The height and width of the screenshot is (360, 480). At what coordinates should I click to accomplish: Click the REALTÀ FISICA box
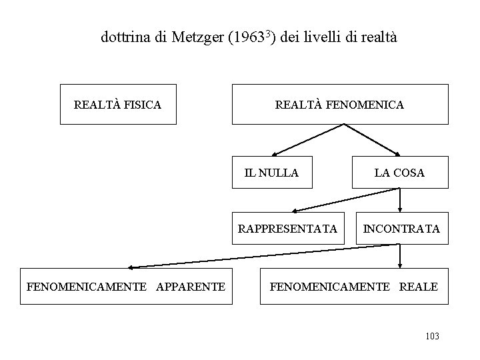(118, 104)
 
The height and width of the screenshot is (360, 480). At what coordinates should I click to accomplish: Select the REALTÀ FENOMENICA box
(340, 104)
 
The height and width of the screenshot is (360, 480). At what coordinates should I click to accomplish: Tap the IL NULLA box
(271, 173)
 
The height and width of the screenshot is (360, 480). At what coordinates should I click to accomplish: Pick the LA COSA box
(399, 173)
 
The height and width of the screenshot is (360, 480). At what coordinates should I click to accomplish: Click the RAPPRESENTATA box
(288, 229)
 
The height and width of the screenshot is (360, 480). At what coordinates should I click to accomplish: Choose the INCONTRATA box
(401, 229)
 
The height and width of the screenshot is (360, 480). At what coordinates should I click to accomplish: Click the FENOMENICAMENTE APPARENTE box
(126, 287)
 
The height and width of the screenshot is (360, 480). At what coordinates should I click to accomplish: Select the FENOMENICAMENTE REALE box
(354, 287)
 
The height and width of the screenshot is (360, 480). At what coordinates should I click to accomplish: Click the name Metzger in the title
(197, 37)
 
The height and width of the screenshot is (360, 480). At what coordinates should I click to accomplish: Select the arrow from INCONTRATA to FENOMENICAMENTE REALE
(399, 257)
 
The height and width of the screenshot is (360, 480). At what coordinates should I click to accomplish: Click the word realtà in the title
(378, 37)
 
